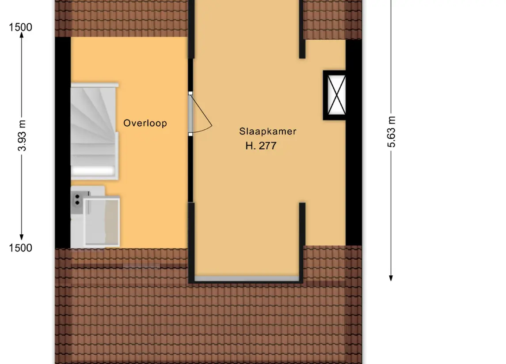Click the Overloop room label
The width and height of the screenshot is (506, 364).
pos(145,123)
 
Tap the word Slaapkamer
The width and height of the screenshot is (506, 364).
pos(267,131)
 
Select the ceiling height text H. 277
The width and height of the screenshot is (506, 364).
pos(261,146)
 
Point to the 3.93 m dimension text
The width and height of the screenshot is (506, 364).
pos(22,135)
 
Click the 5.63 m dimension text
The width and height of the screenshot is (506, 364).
pos(391,132)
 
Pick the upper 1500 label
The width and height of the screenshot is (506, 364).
pos(20,27)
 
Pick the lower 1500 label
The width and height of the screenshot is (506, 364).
pos(20,248)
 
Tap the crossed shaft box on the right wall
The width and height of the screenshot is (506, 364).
pos(335,95)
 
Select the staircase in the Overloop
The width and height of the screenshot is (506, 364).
pos(94,131)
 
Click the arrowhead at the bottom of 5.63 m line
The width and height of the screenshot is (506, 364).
pos(391,278)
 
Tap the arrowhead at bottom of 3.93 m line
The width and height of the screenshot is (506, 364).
pos(22,237)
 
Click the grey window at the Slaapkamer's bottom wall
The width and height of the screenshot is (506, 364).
pos(247,279)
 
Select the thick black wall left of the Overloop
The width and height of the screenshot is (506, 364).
pos(63,143)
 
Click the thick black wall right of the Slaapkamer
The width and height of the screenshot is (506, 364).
pos(354,143)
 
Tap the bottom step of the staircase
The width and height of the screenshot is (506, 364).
pos(93,170)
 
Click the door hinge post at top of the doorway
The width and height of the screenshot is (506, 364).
pos(190,94)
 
